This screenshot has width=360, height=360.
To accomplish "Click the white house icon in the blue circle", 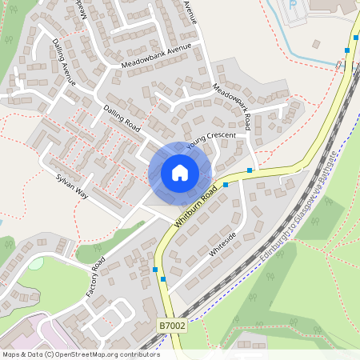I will click(x=180, y=173).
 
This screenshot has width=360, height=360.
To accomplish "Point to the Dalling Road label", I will click(x=122, y=118).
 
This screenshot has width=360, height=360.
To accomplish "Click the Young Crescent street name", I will click(x=211, y=141).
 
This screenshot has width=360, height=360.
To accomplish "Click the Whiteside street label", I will click(x=223, y=243).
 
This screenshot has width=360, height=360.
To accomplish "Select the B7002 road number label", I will click(x=172, y=326).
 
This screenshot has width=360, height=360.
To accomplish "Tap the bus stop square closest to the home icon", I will click(x=226, y=185).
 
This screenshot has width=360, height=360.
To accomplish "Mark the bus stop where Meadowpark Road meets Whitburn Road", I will click(x=250, y=170).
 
